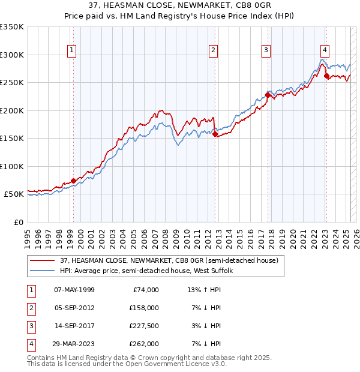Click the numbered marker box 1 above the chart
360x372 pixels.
(71, 51)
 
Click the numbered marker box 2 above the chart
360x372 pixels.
(214, 51)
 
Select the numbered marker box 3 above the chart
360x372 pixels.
(266, 51)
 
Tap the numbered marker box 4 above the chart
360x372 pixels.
(325, 51)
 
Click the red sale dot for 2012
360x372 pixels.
(214, 134)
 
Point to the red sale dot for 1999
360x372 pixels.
(73, 181)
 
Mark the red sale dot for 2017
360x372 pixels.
(268, 95)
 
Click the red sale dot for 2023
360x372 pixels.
(326, 76)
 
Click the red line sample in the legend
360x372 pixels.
(43, 261)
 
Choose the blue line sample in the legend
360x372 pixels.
(43, 271)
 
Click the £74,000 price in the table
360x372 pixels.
(146, 290)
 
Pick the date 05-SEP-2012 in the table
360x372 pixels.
(74, 308)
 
